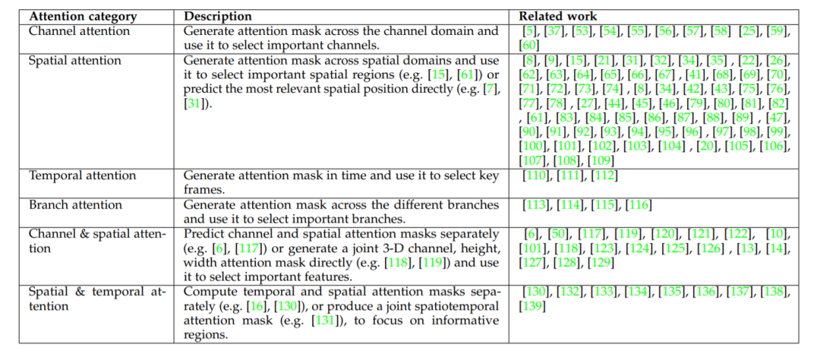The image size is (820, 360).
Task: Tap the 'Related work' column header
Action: coord(558,16)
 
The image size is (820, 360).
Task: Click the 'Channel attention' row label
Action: coord(79,31)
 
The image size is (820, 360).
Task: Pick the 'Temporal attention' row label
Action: coord(83,176)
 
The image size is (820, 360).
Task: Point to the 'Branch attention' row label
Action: coord(75,205)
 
